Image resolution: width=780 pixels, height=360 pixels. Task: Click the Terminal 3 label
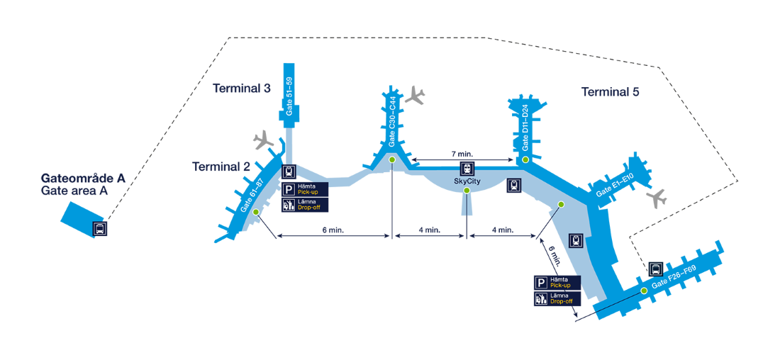242,89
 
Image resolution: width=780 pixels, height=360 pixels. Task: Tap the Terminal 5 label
611,92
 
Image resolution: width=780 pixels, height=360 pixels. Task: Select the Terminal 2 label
221,167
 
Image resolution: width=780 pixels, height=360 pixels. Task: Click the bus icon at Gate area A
101,229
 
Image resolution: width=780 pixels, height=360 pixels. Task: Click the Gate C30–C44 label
391,122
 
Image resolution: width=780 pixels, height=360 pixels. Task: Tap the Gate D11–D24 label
525,128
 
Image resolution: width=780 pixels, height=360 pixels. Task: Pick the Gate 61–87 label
251,196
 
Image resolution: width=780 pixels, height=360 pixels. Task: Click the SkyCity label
467,181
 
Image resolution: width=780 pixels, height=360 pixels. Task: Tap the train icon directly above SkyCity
467,169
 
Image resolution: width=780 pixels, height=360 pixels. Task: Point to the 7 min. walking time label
462,153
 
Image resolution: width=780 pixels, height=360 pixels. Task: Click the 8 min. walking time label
333,230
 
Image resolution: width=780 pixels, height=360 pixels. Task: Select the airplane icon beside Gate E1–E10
657,198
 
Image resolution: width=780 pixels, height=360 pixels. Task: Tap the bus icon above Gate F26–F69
656,269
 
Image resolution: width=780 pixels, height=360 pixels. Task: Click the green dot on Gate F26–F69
644,291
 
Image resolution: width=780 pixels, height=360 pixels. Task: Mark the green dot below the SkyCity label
467,191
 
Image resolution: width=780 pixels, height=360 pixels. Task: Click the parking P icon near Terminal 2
289,189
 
